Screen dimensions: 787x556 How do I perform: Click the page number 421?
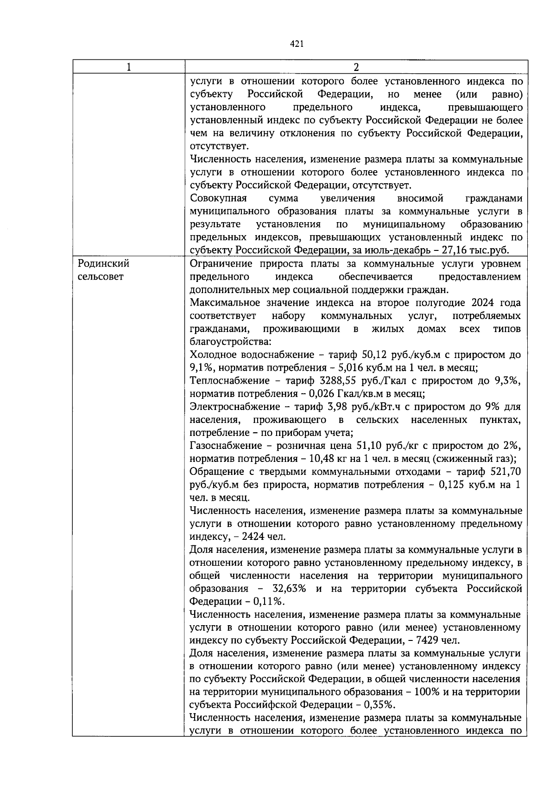tap(297, 44)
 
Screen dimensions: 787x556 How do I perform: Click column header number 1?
tap(128, 67)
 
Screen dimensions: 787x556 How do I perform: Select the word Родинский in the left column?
tap(103, 264)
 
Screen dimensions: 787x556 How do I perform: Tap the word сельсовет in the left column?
tap(101, 277)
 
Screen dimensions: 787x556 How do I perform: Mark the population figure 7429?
tap(425, 640)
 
